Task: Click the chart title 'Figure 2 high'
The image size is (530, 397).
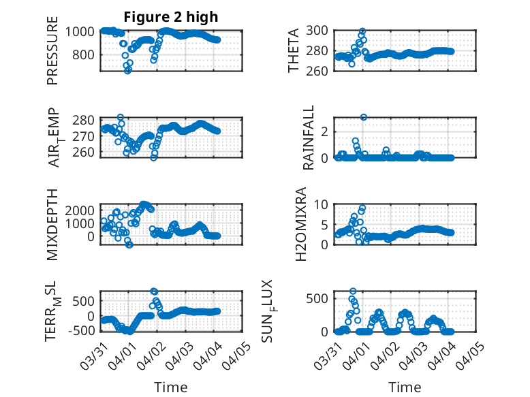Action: (x=171, y=18)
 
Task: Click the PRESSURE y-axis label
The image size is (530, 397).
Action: (x=52, y=55)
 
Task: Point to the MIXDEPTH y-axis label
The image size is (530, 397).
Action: (x=52, y=223)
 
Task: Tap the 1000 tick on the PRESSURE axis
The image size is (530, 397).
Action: (x=82, y=31)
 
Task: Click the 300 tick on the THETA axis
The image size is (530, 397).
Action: (x=321, y=30)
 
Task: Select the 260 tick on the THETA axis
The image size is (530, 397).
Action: (x=321, y=71)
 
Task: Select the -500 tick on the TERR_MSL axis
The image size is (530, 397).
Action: (x=83, y=332)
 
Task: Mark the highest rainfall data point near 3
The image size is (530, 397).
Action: (x=364, y=117)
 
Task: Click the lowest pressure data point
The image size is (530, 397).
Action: (x=127, y=70)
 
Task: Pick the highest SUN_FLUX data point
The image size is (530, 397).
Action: (x=353, y=291)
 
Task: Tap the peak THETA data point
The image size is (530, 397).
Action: (x=362, y=31)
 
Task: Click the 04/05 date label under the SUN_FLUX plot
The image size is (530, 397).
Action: (x=477, y=355)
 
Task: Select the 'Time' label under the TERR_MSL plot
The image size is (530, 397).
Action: (x=171, y=387)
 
